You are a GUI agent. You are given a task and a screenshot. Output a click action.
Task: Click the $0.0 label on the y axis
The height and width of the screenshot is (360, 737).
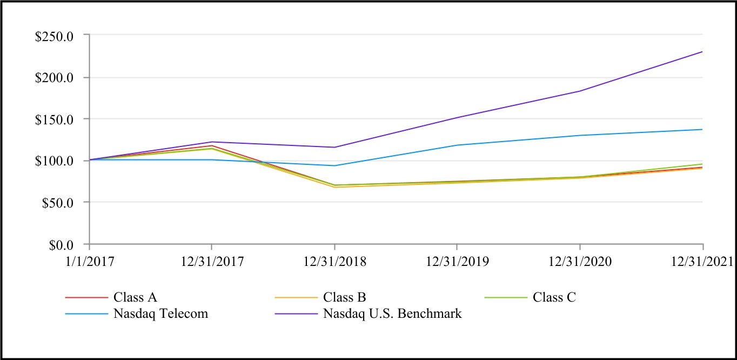(x=63, y=245)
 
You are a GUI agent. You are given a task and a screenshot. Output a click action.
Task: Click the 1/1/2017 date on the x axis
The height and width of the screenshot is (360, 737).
(x=89, y=262)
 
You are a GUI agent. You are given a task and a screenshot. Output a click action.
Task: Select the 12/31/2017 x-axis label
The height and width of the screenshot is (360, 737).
(x=211, y=262)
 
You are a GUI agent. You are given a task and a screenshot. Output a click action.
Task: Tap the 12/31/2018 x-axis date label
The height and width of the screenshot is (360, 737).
(x=334, y=262)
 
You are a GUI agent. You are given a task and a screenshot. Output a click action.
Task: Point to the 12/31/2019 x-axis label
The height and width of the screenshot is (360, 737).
(x=457, y=262)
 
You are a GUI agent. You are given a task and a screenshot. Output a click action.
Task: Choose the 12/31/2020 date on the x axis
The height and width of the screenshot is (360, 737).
(x=580, y=262)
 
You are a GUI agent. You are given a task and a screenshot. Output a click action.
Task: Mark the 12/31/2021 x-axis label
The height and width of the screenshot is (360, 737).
(x=701, y=262)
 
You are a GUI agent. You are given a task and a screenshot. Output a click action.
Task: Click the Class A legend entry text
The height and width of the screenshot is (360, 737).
(x=135, y=297)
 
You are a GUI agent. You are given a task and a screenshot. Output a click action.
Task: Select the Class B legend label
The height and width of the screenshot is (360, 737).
(x=345, y=297)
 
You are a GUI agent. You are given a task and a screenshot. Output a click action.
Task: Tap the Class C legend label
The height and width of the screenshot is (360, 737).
(x=554, y=297)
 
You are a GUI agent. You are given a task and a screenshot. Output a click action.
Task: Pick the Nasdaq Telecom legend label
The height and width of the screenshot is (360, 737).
(x=160, y=314)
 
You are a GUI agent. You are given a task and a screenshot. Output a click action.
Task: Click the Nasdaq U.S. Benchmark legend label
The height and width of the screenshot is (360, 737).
(x=392, y=314)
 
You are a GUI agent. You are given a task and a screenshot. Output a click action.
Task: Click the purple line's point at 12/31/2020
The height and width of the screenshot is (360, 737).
(x=580, y=91)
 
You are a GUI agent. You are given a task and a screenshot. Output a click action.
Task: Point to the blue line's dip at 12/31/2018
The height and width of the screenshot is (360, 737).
(x=334, y=165)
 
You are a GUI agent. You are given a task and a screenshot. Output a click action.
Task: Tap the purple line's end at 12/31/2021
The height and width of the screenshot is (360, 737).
(x=702, y=52)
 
